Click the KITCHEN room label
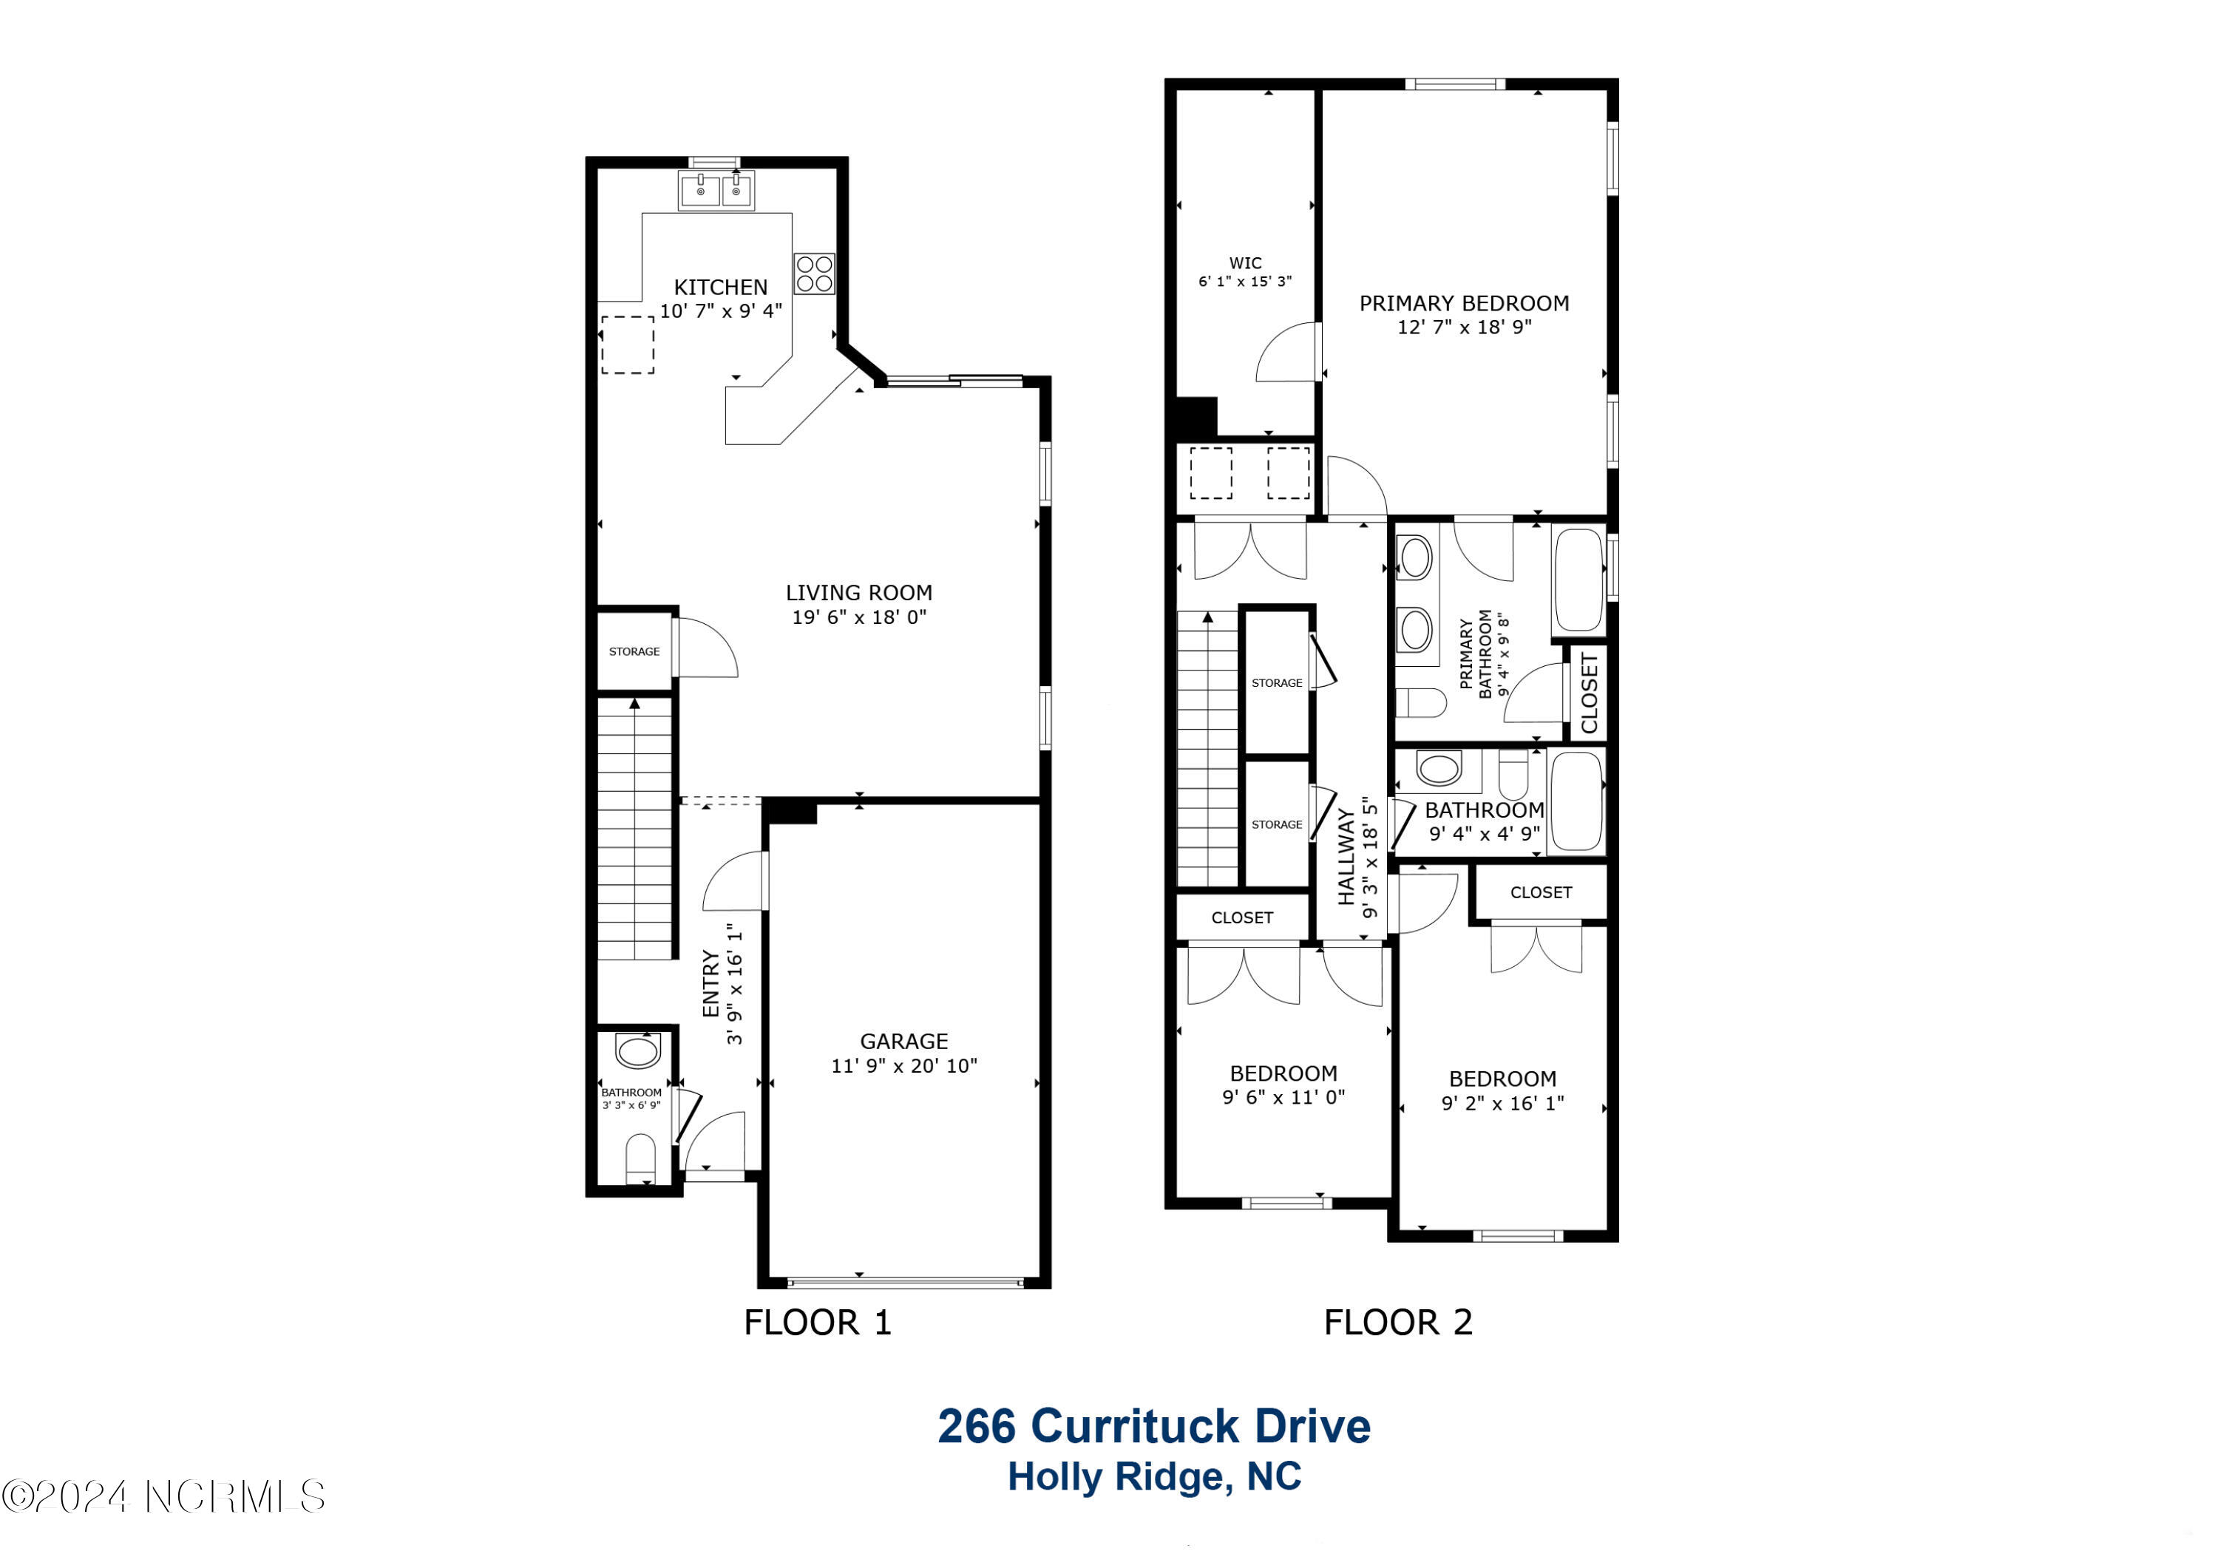(x=721, y=287)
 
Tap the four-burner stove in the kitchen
(x=814, y=274)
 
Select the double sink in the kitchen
(x=717, y=190)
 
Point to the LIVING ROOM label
(x=859, y=592)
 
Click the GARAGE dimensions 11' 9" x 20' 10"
(x=904, y=1065)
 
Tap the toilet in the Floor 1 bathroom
(x=640, y=1158)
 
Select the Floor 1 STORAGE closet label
(x=634, y=651)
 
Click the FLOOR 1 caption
(x=817, y=1322)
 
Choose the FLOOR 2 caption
(x=1398, y=1322)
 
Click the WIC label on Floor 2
(x=1245, y=262)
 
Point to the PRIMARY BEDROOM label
(x=1465, y=303)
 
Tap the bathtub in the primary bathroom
(x=1578, y=580)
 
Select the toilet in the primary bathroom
(x=1421, y=702)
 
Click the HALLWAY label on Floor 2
(x=1346, y=857)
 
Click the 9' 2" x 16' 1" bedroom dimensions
(x=1503, y=1102)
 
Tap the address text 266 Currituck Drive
(x=1154, y=1426)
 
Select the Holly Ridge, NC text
(x=1154, y=1477)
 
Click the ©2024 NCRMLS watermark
(x=163, y=1496)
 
